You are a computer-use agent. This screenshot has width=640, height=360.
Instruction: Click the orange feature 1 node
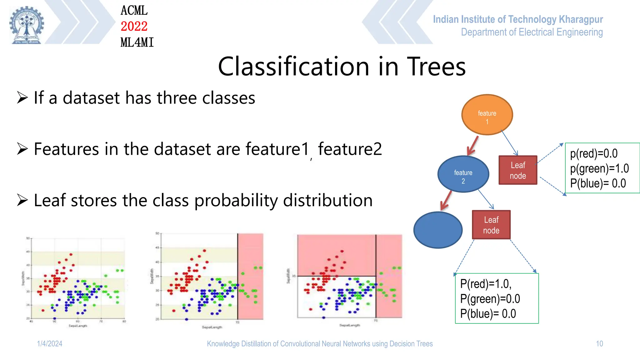(487, 115)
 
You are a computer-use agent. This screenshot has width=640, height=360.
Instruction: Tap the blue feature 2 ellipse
(463, 174)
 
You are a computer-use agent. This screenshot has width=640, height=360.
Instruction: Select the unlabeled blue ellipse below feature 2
(438, 230)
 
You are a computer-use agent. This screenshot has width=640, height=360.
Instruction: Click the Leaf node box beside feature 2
(518, 170)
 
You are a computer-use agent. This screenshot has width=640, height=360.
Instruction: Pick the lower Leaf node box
(491, 225)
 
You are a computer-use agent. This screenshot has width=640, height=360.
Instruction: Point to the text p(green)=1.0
(599, 169)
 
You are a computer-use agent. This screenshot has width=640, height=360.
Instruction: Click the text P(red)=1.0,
(485, 284)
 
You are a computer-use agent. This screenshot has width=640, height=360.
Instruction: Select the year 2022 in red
(134, 26)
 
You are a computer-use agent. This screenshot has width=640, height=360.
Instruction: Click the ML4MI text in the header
(137, 42)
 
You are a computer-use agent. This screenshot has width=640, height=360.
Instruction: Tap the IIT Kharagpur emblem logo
(27, 25)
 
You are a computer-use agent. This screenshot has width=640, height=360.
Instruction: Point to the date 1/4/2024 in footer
(50, 344)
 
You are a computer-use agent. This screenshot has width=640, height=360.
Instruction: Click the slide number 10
(599, 344)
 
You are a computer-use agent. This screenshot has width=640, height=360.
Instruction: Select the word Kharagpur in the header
(581, 19)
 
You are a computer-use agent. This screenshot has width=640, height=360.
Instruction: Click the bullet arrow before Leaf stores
(22, 200)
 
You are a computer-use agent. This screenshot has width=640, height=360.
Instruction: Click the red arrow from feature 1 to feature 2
(473, 145)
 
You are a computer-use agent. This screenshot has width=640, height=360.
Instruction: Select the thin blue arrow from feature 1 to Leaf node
(510, 143)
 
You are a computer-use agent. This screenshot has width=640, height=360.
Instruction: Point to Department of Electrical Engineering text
(532, 32)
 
